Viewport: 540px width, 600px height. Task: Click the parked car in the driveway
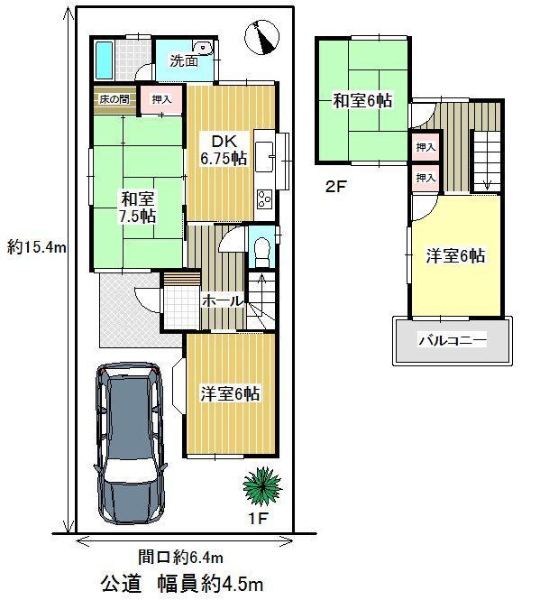click(x=129, y=442)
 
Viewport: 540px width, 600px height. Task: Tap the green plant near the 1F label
click(x=262, y=487)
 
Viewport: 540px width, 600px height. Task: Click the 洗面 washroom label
click(x=185, y=61)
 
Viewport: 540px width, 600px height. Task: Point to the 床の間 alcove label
click(x=113, y=97)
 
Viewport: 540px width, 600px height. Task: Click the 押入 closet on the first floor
click(x=163, y=99)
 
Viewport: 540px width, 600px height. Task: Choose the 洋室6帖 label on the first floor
click(x=230, y=393)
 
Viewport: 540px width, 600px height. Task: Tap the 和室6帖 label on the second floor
click(x=362, y=101)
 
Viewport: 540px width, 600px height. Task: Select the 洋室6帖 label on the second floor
click(x=456, y=255)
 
